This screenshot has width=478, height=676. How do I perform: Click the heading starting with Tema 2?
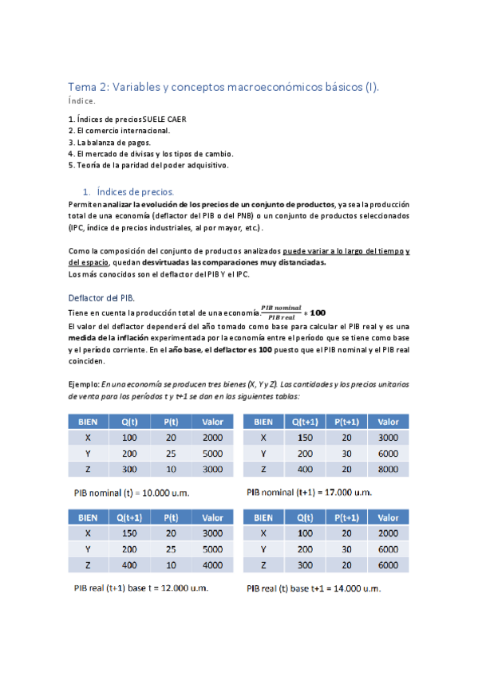click(223, 87)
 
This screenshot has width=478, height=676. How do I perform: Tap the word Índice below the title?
click(82, 101)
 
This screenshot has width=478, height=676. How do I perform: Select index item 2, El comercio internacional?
click(119, 130)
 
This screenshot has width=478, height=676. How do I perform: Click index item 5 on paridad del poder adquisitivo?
click(148, 165)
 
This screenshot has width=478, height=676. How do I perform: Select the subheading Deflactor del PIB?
click(101, 297)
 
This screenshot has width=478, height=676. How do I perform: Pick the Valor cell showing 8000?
click(388, 470)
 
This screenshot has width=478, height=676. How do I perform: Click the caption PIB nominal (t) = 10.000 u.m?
click(132, 492)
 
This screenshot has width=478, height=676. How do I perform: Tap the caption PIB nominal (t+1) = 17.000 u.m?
click(309, 492)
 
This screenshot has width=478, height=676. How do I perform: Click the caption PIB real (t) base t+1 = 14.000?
click(314, 588)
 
